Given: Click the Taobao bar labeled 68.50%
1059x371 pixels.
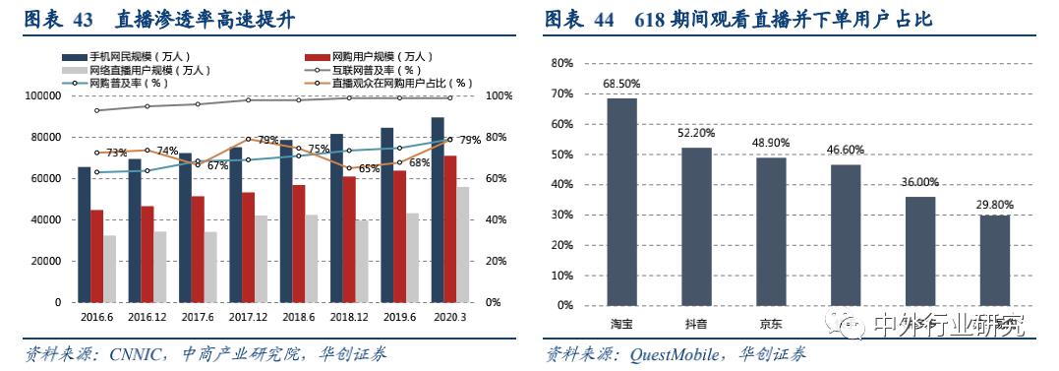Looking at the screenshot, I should click(621, 202).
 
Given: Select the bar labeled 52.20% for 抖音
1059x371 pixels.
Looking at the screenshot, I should click(696, 226).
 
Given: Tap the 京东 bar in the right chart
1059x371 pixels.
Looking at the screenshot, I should click(771, 231).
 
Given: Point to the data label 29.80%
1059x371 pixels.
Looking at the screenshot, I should click(994, 205).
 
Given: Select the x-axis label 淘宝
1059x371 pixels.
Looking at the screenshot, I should click(621, 324).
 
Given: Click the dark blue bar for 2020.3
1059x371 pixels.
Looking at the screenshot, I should click(437, 210).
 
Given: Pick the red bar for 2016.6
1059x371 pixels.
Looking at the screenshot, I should click(96, 256).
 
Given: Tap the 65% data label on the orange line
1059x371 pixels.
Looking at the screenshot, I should click(369, 168).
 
